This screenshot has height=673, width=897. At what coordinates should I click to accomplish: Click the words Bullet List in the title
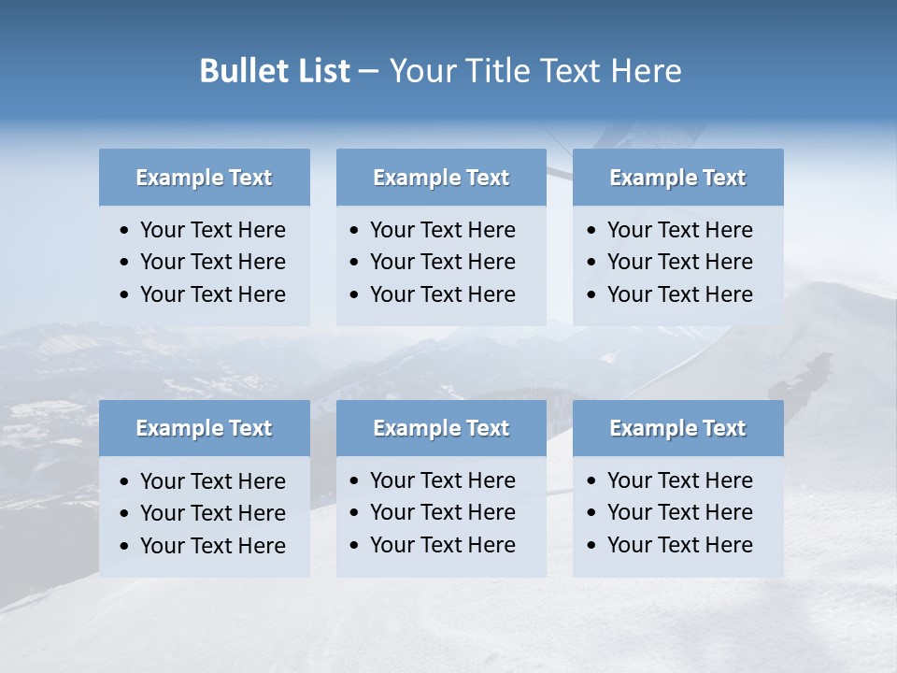[x=274, y=71]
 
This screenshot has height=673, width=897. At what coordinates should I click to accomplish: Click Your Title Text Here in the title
[x=534, y=71]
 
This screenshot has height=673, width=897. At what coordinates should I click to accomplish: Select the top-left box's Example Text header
[x=204, y=178]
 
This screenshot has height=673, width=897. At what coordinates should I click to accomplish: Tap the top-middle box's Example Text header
[x=441, y=178]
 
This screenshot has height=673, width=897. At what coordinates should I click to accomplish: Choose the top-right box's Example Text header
[x=677, y=178]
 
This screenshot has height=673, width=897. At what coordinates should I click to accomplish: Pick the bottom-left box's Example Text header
[x=204, y=428]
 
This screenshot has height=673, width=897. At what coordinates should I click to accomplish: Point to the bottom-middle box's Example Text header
[x=441, y=428]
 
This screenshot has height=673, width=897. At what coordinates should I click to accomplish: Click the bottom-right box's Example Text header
[x=677, y=428]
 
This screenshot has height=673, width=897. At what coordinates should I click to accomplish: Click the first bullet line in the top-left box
[x=212, y=230]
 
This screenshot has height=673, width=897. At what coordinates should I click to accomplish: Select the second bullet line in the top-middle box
[x=442, y=262]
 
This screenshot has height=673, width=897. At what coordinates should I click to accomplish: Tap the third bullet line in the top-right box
[x=679, y=294]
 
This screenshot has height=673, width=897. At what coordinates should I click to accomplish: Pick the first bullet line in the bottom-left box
[x=212, y=481]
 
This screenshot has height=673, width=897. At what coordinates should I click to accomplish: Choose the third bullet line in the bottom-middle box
[x=442, y=545]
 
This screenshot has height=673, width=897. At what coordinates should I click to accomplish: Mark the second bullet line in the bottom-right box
[x=679, y=512]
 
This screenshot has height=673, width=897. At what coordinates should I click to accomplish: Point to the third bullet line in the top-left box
[x=212, y=294]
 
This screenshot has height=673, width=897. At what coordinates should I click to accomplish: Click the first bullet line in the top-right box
[x=679, y=230]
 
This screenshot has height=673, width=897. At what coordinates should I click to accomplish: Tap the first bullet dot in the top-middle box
[x=354, y=231]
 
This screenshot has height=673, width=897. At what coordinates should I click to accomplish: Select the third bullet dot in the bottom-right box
[x=591, y=546]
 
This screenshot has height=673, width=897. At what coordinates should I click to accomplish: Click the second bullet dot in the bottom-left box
[x=125, y=514]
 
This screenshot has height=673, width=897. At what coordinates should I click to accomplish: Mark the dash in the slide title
[x=368, y=72]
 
